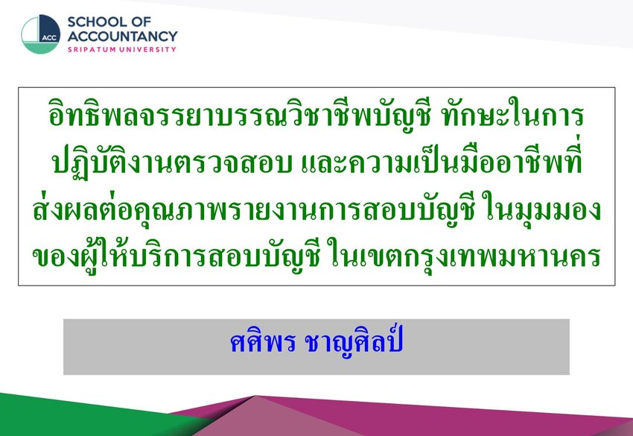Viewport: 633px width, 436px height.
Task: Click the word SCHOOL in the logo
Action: pos(96,22)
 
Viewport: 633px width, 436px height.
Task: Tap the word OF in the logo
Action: pos(141,22)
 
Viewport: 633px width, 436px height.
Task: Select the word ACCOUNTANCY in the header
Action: pos(122,37)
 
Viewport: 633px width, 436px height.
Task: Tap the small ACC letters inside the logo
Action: pos(49,38)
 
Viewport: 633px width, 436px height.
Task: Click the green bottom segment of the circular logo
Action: pos(40,48)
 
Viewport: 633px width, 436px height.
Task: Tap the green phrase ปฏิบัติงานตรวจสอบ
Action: pos(172,162)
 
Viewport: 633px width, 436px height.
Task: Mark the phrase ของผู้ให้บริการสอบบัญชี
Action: pos(176,256)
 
